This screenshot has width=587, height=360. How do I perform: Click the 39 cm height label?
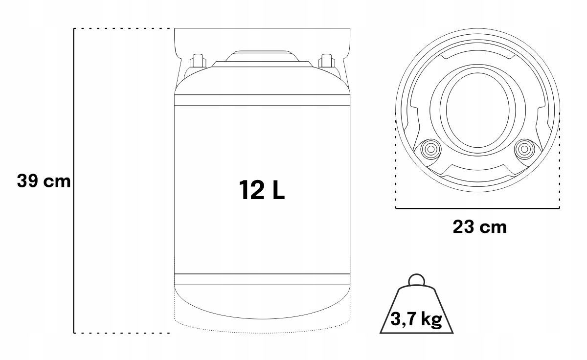43,180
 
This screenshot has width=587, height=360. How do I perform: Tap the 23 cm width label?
479,227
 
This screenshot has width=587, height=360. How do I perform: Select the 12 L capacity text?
262,190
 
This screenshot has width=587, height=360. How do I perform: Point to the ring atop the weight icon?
416,280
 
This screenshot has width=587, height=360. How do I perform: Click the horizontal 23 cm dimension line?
477,208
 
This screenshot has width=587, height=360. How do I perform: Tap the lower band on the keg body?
262,279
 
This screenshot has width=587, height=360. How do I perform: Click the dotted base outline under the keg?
262,324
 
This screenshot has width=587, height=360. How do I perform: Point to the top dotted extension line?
122,29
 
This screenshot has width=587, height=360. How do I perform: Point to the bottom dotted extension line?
122,333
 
